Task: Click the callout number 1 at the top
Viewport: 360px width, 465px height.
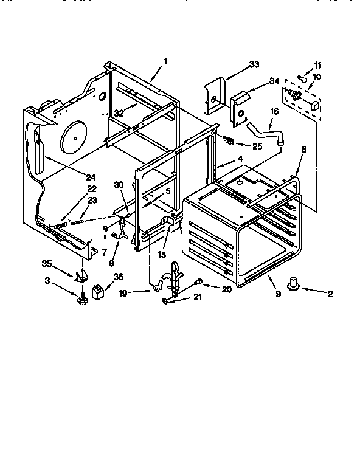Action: tap(165, 61)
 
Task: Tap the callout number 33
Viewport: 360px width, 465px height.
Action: tap(254, 64)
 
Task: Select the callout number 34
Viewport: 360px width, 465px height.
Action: tap(274, 81)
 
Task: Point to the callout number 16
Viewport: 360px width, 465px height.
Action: tap(274, 112)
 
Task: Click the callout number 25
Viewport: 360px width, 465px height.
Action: tap(258, 146)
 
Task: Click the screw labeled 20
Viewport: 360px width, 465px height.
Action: tap(198, 281)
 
